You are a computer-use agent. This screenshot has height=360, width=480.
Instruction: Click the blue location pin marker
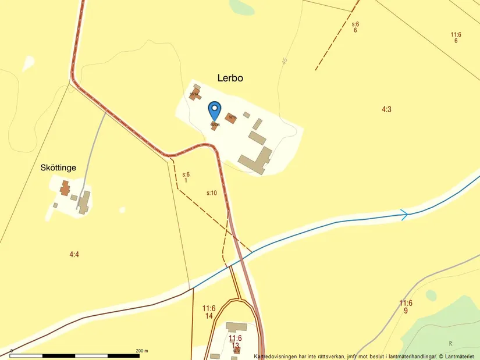coord(215,109)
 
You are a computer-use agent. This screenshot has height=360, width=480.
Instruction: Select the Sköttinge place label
coord(58,167)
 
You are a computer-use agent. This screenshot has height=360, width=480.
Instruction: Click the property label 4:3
coord(386,109)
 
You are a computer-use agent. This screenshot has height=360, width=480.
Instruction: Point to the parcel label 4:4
coord(74,254)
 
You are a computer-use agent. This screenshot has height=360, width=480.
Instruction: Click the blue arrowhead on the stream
coord(404,215)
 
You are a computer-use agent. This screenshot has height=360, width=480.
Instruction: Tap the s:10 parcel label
coord(212,193)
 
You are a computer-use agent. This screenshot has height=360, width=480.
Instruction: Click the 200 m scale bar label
coord(142,351)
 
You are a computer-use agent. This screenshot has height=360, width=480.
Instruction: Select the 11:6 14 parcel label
coord(209,312)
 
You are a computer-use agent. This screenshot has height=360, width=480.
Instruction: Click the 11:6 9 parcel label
coord(406,306)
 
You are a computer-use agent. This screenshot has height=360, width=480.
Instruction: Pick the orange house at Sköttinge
coord(65,187)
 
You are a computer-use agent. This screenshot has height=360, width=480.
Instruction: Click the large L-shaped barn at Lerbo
coord(255,161)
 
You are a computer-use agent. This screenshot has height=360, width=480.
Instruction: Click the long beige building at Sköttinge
coord(85,202)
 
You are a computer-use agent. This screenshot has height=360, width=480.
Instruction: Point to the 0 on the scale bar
coord(12,351)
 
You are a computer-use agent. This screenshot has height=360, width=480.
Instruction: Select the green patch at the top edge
coord(242,6)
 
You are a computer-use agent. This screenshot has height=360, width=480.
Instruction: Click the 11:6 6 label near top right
coord(456,38)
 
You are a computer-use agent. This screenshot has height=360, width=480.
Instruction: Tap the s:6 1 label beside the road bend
coord(186,177)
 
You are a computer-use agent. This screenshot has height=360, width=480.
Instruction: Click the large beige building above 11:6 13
coord(236,327)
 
